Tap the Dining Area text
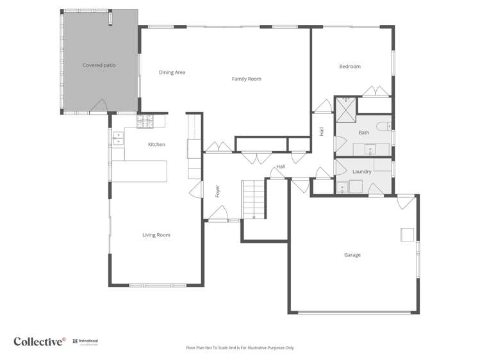[x=172, y=72]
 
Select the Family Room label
[x=246, y=79]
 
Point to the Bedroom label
[x=350, y=67]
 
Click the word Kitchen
[x=156, y=145]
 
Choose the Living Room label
[x=156, y=235]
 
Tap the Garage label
[x=352, y=255]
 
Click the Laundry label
[x=362, y=172]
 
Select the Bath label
[x=363, y=133]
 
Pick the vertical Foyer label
[x=217, y=191]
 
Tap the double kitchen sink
[x=118, y=136]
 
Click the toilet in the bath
[x=384, y=126]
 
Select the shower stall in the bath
[x=347, y=110]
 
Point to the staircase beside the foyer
[x=253, y=199]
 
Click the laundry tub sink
[x=343, y=187]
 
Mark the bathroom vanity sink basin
[x=370, y=150]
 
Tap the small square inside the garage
[x=408, y=234]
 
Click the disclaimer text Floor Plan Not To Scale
[x=240, y=348]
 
